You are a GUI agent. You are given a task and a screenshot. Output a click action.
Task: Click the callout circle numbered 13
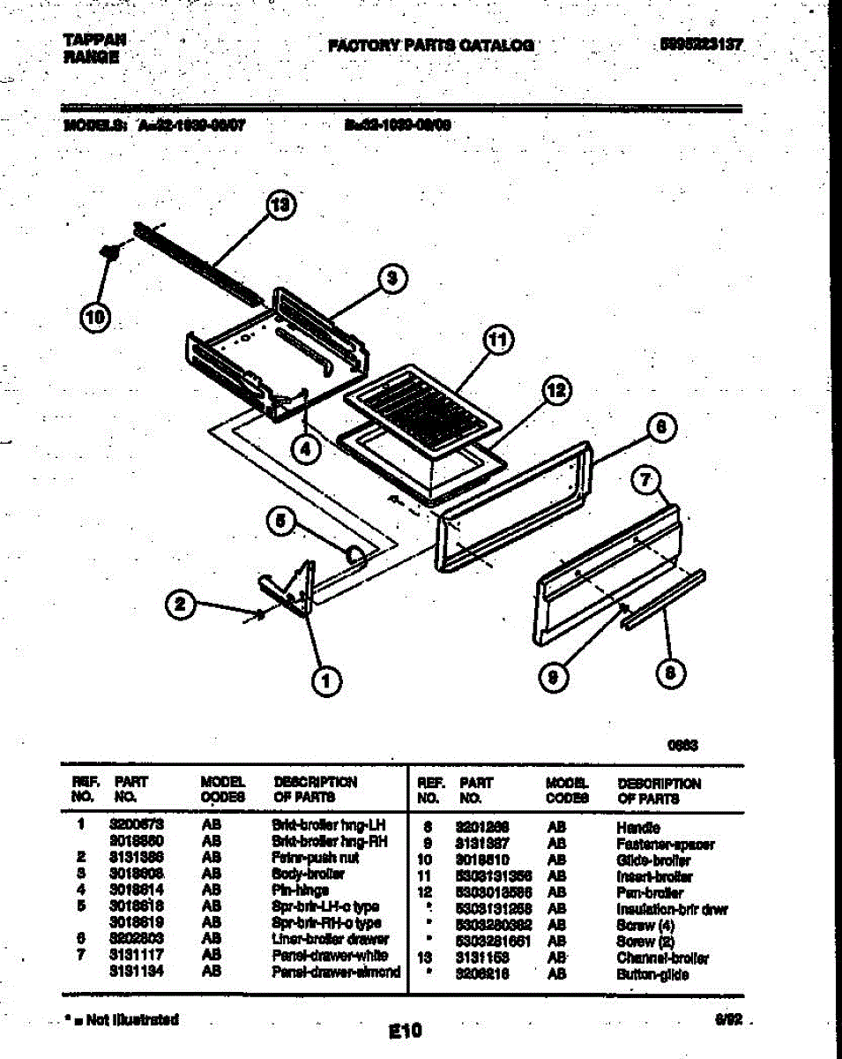click(280, 205)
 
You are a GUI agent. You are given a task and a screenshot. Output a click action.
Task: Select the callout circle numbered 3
click(392, 278)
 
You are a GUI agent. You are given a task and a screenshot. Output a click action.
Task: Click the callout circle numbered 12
click(555, 390)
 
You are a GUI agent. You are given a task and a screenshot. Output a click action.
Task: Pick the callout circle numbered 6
click(661, 427)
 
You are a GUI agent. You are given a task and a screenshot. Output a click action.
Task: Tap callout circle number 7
click(646, 480)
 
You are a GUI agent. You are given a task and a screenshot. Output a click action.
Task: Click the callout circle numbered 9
click(554, 676)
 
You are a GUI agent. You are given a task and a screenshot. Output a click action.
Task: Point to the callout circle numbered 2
click(180, 605)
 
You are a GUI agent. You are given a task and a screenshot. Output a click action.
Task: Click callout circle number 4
click(306, 448)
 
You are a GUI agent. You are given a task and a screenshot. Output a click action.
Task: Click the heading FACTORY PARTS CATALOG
click(430, 45)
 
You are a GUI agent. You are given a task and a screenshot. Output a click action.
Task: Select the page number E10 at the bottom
click(405, 1030)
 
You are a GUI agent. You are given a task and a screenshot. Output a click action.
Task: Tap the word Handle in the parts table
click(638, 828)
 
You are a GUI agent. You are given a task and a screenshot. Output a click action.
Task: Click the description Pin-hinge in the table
click(300, 890)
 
